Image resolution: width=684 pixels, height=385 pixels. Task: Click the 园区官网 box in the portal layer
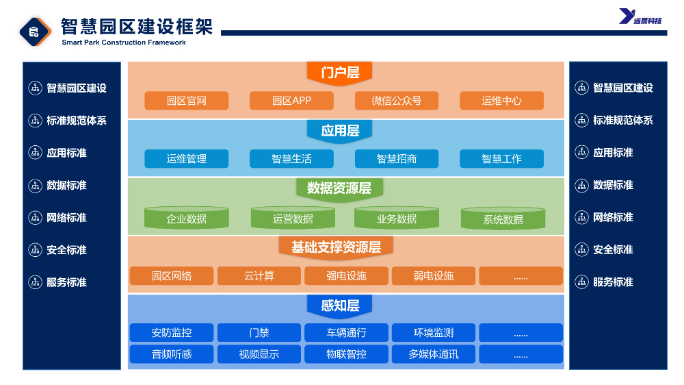tap(186, 101)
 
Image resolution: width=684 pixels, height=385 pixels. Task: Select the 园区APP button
tap(291, 101)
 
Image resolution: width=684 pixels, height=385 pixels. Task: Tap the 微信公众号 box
tap(397, 101)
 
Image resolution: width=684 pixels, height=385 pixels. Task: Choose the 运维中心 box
tap(501, 101)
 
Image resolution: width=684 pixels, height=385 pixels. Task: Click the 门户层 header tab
tap(339, 73)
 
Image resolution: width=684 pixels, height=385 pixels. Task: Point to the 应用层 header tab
tap(339, 131)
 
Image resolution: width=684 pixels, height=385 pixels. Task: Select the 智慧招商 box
tap(397, 159)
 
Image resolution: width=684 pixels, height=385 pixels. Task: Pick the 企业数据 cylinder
tap(186, 218)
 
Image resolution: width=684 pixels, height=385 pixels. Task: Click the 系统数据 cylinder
tap(503, 218)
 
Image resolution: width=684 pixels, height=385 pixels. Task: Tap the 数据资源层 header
tap(339, 189)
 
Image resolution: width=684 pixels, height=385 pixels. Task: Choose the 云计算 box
tap(259, 276)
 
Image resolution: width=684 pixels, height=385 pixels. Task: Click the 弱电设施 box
tap(434, 276)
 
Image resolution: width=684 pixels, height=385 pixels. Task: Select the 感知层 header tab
tap(339, 306)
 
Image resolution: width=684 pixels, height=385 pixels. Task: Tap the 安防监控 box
tap(172, 332)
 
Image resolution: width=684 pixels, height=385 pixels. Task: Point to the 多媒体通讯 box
tap(434, 354)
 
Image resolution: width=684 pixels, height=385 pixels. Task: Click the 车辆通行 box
tap(346, 332)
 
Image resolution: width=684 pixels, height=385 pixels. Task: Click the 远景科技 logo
tap(640, 16)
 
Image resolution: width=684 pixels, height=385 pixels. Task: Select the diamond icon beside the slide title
tap(35, 32)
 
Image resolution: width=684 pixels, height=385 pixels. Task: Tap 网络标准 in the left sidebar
tap(66, 218)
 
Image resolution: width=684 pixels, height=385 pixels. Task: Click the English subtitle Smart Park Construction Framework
tap(124, 42)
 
